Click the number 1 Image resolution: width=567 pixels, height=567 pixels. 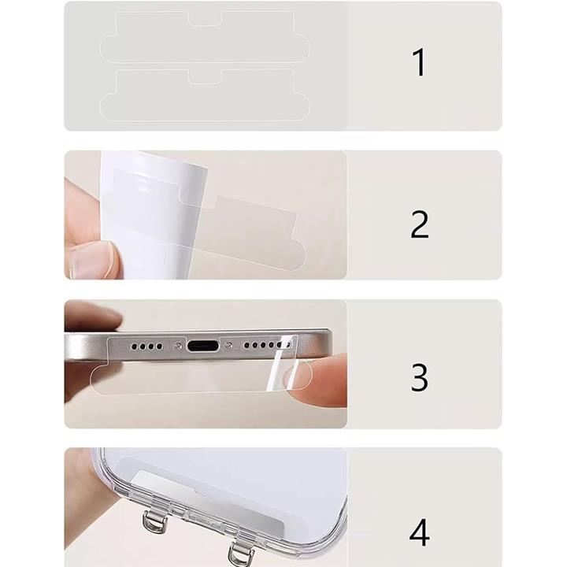(420, 62)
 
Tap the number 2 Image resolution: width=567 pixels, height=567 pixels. (420, 224)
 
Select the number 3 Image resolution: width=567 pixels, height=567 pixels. (420, 377)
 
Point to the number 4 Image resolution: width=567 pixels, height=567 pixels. (420, 532)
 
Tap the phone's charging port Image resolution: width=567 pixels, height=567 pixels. (203, 346)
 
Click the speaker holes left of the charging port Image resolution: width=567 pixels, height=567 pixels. (146, 346)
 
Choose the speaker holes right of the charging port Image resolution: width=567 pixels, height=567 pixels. (267, 346)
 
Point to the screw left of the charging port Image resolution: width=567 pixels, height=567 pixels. (177, 346)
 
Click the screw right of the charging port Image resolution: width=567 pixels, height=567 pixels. (228, 346)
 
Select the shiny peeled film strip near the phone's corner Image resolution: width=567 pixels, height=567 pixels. (281, 361)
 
